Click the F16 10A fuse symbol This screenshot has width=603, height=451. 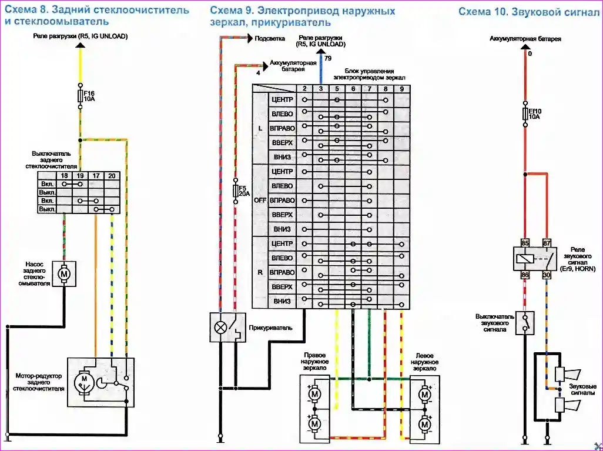point(80,96)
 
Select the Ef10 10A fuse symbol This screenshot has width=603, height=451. point(524,113)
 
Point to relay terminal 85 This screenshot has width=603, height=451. point(525,243)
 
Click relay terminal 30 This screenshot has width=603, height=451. point(548,274)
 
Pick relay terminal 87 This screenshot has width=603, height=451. point(548,243)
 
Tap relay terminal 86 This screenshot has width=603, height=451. point(525,274)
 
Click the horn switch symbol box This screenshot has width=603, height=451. point(525,323)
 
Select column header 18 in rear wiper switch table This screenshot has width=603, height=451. point(65,175)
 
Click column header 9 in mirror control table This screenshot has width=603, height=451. point(401,88)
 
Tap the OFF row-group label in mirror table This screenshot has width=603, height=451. point(260,200)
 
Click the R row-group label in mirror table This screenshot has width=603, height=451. point(260,272)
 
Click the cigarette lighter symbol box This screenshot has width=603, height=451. point(227,327)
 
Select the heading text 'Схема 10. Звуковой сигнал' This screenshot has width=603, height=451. point(528,11)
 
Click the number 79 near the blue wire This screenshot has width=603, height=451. point(328,59)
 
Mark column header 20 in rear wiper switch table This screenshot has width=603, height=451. point(111,175)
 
